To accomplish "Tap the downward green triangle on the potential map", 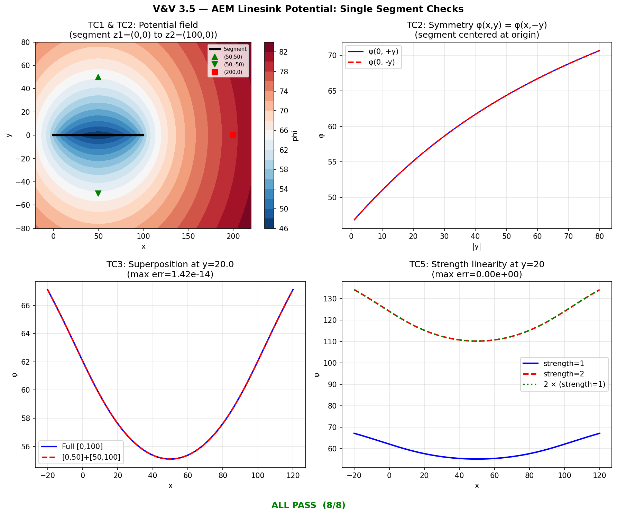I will coord(98,193).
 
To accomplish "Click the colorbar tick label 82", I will coord(283,52).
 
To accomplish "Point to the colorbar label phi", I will coord(295,135).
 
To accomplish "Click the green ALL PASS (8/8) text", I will coord(308,505).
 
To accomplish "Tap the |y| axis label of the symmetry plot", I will coord(477,246).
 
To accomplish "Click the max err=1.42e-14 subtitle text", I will coord(170,274).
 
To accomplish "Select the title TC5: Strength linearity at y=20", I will coord(477,264).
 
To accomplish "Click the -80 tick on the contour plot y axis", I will coord(25,228).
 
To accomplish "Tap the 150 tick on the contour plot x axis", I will coord(188,236).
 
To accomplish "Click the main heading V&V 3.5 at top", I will coord(308,9).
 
